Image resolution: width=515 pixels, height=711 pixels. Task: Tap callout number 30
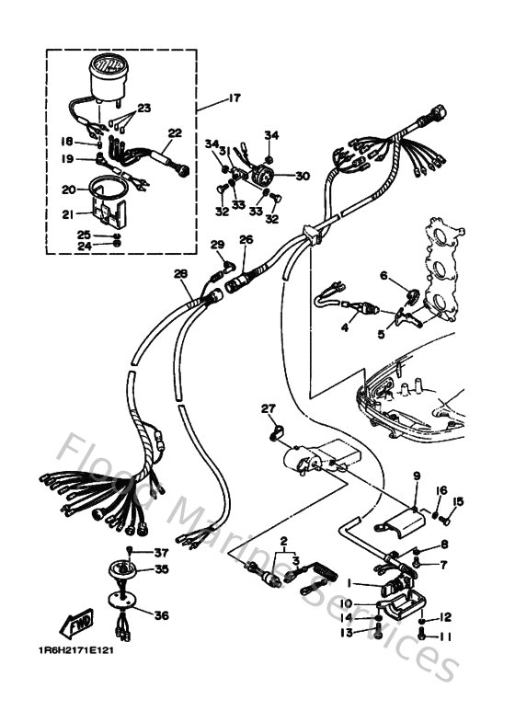coord(303,177)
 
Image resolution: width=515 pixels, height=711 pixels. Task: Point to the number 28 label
coord(179,273)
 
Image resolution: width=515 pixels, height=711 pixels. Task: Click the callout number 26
coord(245,241)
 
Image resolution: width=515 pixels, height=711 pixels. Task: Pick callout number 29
coord(217,244)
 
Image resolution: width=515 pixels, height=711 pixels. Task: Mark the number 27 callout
coord(268,408)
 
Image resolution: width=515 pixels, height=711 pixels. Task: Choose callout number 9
coord(415,476)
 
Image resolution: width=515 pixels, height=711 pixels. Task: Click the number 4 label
coord(345,326)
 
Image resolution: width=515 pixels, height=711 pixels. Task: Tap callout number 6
coord(384,274)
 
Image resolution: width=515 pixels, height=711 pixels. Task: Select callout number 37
coord(161,553)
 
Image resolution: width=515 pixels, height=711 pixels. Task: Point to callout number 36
coord(160,616)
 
